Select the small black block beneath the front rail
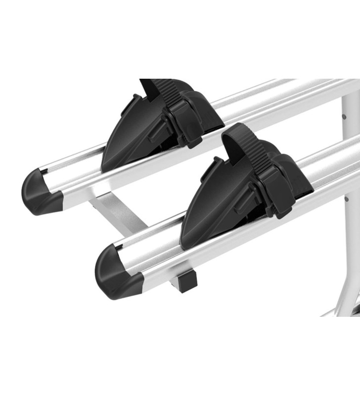pyautogui.click(x=187, y=280)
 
